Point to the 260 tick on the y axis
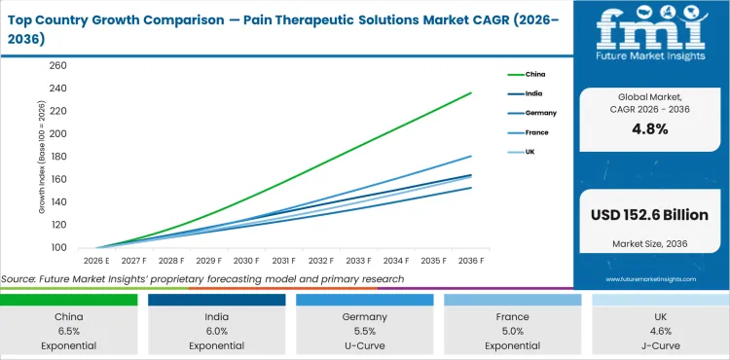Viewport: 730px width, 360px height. click(x=57, y=66)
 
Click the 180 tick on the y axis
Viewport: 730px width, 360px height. click(x=57, y=157)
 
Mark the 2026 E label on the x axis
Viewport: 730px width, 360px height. click(x=95, y=261)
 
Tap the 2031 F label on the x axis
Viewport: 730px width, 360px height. click(x=283, y=261)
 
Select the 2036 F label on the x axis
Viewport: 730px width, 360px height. click(x=471, y=261)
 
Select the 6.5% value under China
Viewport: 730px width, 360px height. click(x=69, y=330)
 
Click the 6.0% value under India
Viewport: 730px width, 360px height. click(x=217, y=330)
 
